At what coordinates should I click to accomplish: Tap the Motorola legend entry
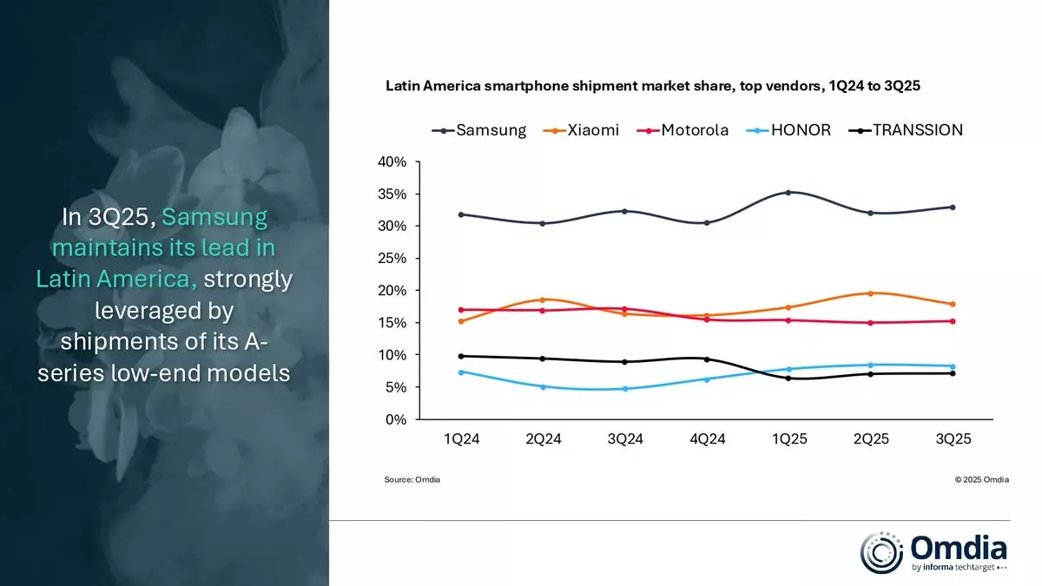686,130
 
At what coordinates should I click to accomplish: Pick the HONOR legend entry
792,130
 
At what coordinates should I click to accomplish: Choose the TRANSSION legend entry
907,130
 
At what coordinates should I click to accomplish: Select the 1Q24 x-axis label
461,439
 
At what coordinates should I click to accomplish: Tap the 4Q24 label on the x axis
707,439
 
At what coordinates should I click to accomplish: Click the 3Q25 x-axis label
953,439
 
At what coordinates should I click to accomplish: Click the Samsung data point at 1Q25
788,193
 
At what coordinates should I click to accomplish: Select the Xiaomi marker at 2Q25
871,293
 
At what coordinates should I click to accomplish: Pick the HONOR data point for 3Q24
624,389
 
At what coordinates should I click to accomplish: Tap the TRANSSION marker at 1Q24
461,356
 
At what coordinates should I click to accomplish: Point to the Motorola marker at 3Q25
953,321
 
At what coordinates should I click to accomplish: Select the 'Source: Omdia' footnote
412,480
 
